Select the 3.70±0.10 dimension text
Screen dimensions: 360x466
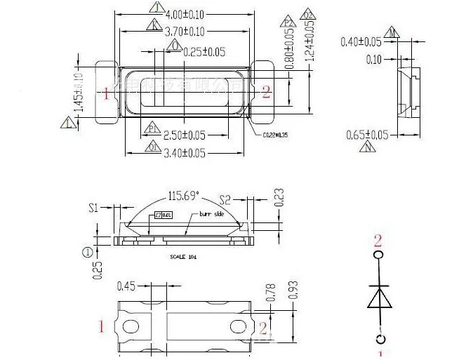click(185, 32)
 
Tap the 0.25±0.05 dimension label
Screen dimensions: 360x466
click(204, 51)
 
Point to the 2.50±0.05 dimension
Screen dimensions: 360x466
click(185, 135)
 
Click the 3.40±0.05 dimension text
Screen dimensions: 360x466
click(185, 153)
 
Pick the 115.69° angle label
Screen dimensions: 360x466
click(184, 196)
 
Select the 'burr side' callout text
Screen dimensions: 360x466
click(212, 213)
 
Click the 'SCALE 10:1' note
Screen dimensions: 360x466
click(184, 257)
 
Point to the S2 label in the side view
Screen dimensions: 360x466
click(225, 199)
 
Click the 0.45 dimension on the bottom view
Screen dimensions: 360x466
click(126, 286)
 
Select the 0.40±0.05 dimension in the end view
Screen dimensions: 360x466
click(361, 42)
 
